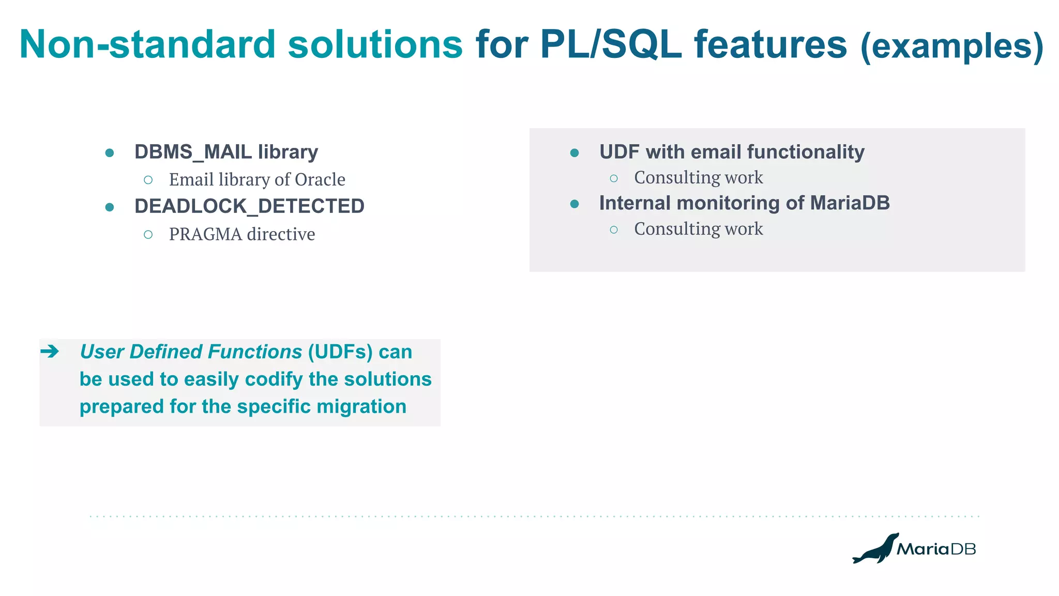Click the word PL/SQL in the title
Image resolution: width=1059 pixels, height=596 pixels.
tap(611, 44)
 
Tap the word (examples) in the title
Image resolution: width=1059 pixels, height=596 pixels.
tap(951, 47)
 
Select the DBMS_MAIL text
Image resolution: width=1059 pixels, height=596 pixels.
tap(192, 152)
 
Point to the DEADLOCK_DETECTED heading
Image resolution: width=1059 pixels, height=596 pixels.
tap(249, 206)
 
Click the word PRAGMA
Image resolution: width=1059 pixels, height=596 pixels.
tap(205, 235)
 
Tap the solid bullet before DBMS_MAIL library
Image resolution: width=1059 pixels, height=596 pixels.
tap(110, 153)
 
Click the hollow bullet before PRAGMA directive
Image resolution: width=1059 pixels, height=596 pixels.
tap(148, 235)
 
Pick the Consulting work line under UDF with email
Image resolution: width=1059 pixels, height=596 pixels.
tap(698, 178)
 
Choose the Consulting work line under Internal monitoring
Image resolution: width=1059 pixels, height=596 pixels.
tap(698, 229)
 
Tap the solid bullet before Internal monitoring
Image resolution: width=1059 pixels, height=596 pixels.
tap(574, 204)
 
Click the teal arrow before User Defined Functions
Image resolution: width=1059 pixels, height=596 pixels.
tap(50, 352)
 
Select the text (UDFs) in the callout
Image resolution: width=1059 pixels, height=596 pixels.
tap(340, 352)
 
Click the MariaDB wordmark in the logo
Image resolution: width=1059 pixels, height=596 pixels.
tap(936, 549)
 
